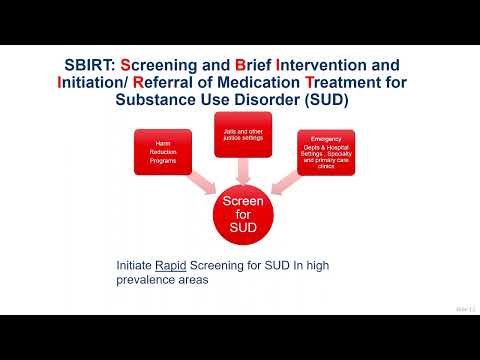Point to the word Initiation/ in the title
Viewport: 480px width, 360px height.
coord(100,84)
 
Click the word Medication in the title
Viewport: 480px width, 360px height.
coord(279,84)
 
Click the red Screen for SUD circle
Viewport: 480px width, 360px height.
coord(241,214)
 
